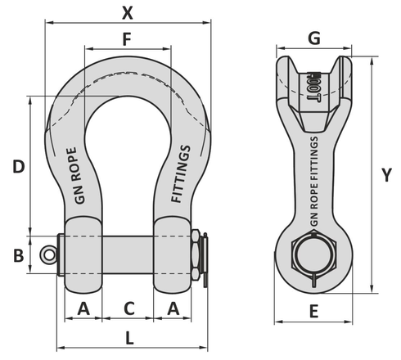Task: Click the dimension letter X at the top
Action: pos(126,12)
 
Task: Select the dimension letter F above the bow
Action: pos(126,38)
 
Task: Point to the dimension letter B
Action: pos(17,254)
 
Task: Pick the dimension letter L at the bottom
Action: pos(130,337)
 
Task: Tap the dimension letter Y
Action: pos(387,174)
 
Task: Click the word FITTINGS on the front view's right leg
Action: pos(182,173)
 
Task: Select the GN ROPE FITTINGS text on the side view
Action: pos(315,183)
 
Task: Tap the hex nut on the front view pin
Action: pos(196,253)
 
